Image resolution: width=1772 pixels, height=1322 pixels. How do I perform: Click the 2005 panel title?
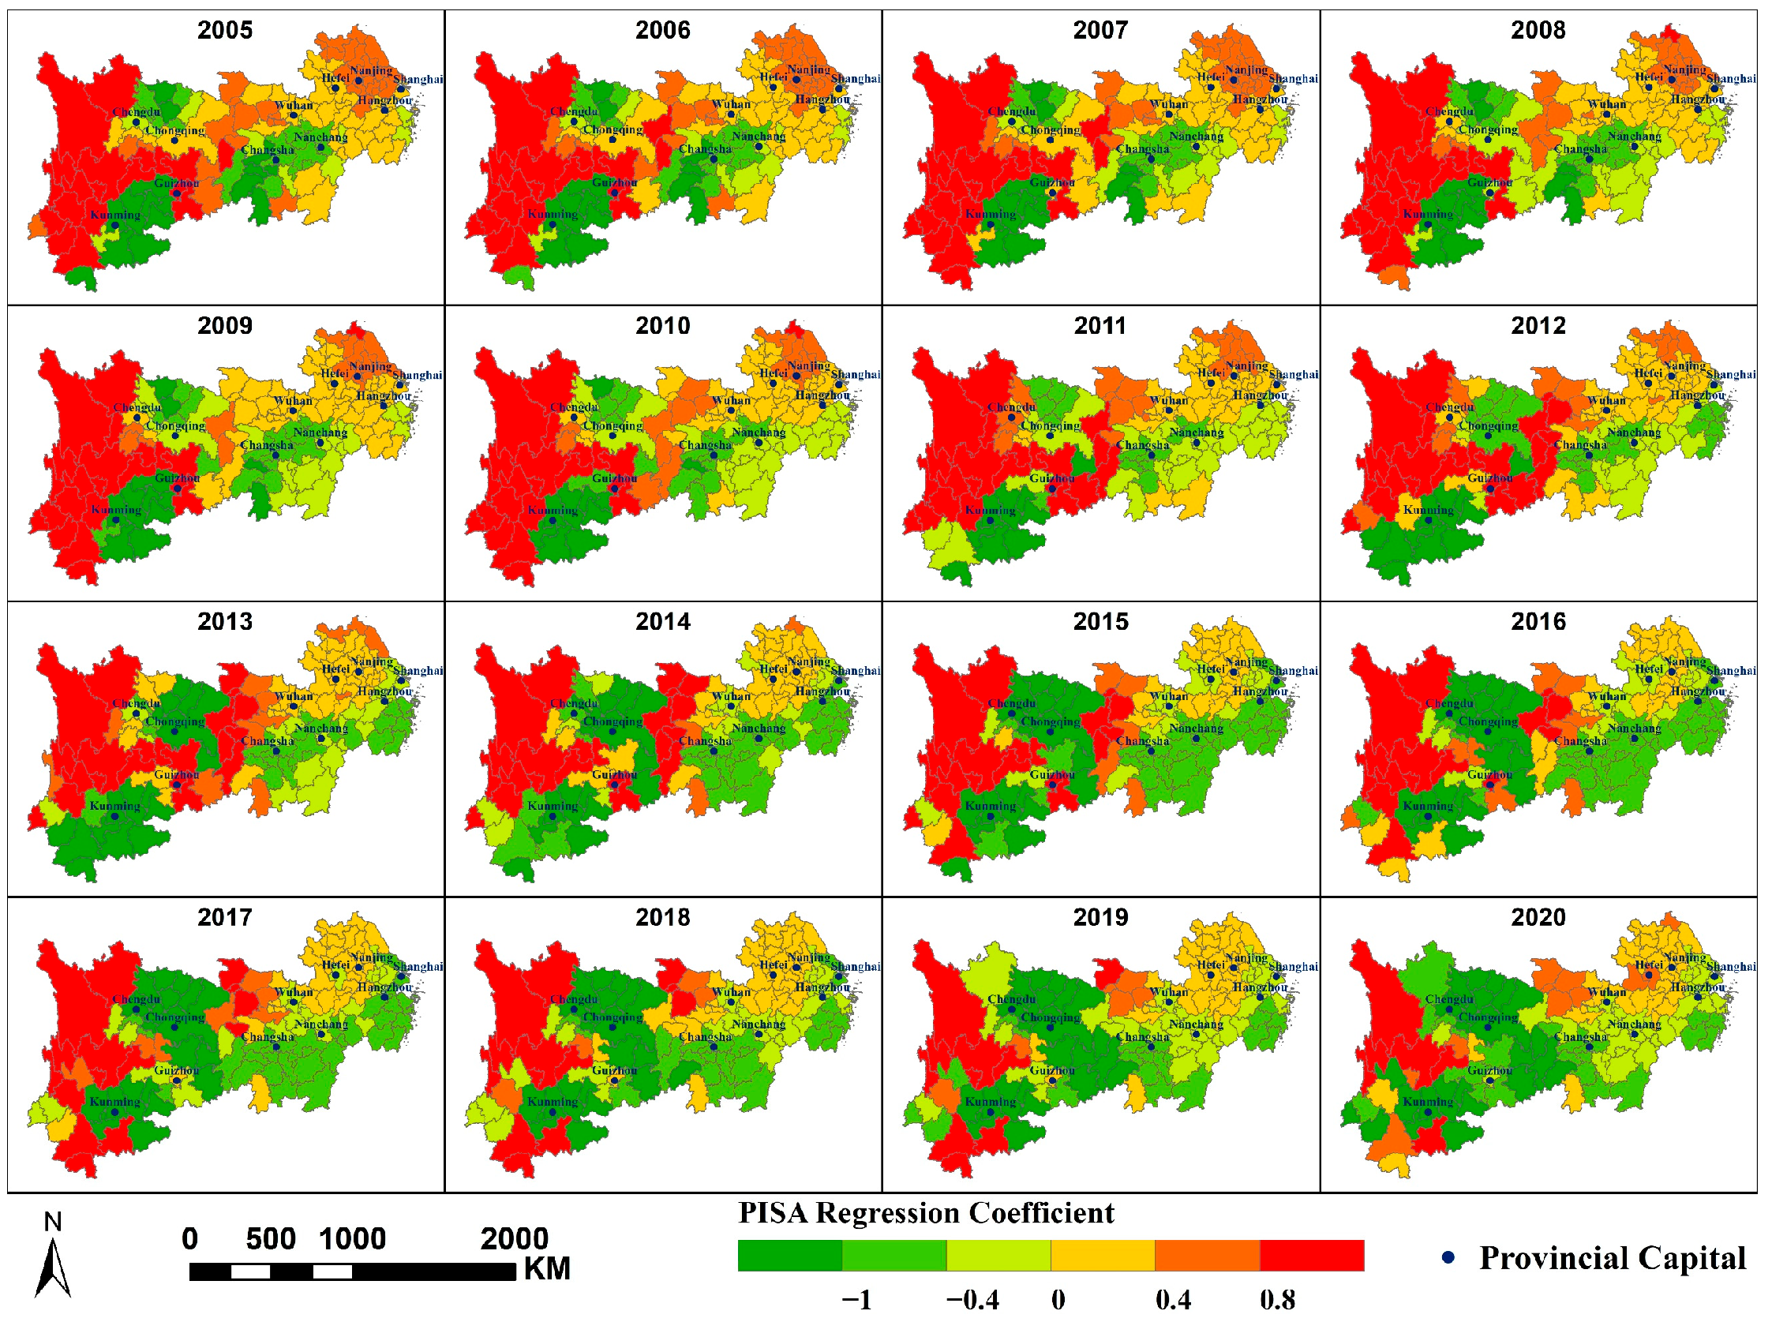224,31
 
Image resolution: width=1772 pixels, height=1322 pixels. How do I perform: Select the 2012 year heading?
1538,327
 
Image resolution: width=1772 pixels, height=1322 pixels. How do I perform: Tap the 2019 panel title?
1100,918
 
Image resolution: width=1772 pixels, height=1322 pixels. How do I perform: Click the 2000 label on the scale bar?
514,1240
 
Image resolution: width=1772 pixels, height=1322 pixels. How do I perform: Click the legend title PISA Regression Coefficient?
925,1213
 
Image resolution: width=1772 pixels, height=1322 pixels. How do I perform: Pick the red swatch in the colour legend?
1311,1256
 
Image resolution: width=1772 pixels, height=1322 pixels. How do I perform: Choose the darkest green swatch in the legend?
789,1256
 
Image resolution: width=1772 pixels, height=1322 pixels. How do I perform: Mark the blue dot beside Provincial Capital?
1448,1258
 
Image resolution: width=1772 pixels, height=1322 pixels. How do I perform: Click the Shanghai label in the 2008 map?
1730,78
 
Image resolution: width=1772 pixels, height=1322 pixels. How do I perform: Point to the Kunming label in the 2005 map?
115,215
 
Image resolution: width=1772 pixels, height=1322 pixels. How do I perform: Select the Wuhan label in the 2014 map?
731,696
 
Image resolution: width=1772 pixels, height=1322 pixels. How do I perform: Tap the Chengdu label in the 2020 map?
1448,999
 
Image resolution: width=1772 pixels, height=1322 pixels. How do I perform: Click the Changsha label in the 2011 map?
1142,445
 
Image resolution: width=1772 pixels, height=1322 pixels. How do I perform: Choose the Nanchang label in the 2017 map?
320,1024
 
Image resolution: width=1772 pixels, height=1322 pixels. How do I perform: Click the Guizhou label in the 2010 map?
614,478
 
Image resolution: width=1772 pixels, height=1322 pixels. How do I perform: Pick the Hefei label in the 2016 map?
1648,669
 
